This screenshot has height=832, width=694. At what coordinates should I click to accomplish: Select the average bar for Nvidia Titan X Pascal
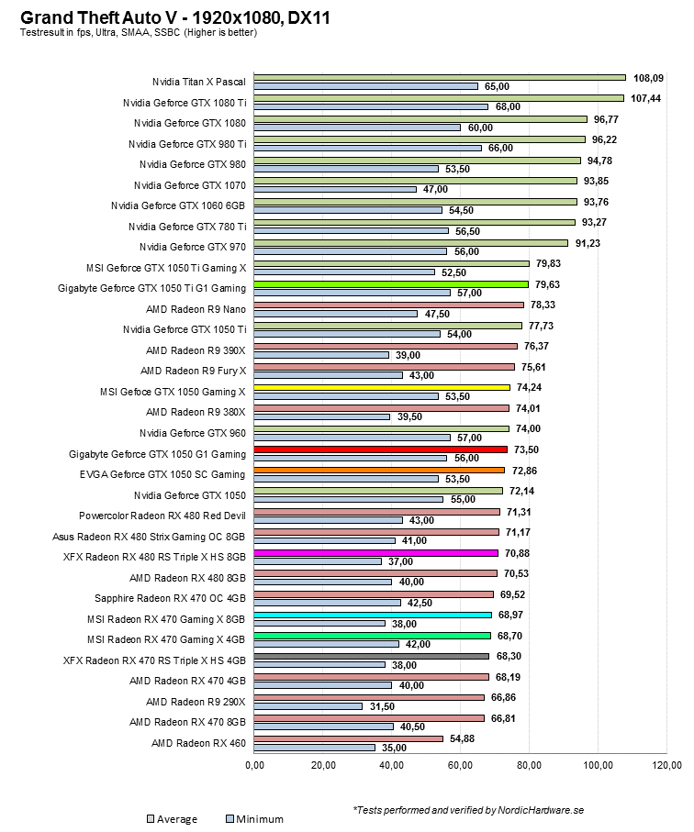[x=439, y=77]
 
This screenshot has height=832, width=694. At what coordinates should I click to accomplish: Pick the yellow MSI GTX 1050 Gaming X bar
[x=381, y=388]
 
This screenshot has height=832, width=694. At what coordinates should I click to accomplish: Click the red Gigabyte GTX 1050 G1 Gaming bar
[x=380, y=449]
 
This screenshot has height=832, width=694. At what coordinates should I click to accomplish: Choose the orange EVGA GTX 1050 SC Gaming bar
[x=379, y=471]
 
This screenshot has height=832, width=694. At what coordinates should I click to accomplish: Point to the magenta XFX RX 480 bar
[x=375, y=553]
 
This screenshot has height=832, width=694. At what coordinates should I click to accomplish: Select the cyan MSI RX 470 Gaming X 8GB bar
[x=372, y=615]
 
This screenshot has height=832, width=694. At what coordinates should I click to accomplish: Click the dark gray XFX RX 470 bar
[x=371, y=656]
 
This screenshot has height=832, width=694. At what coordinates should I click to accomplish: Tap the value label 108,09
[x=651, y=78]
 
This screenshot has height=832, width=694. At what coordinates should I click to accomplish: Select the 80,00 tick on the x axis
[x=530, y=766]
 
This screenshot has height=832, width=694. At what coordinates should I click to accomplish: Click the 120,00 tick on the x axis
[x=666, y=766]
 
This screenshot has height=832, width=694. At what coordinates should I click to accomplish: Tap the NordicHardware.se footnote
[x=468, y=811]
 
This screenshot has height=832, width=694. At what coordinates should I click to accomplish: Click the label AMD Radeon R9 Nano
[x=196, y=308]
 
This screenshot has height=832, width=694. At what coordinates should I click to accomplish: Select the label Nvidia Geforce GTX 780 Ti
[x=187, y=226]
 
